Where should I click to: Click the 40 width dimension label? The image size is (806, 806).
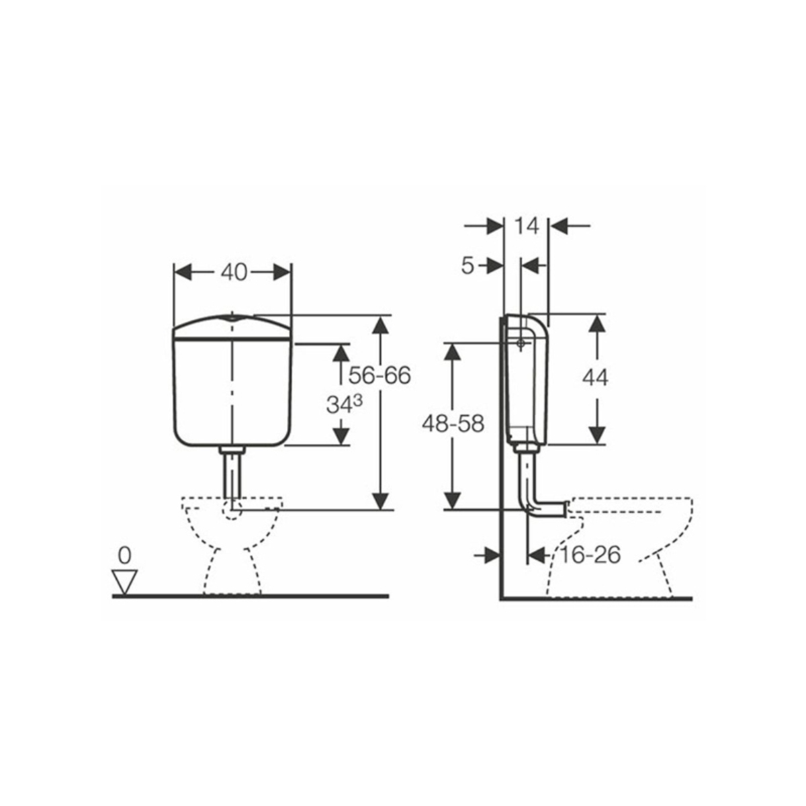(x=234, y=273)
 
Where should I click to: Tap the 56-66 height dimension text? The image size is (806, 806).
(x=379, y=375)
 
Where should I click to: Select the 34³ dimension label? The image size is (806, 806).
(x=345, y=404)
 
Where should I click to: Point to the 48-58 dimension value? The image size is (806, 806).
(x=453, y=424)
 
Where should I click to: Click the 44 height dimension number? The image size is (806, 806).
(x=595, y=378)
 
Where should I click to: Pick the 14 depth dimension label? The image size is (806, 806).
(x=527, y=226)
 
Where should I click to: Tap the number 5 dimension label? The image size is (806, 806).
(x=467, y=265)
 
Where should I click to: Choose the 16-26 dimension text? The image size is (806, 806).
(x=589, y=555)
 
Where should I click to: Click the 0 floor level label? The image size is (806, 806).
(x=125, y=556)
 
